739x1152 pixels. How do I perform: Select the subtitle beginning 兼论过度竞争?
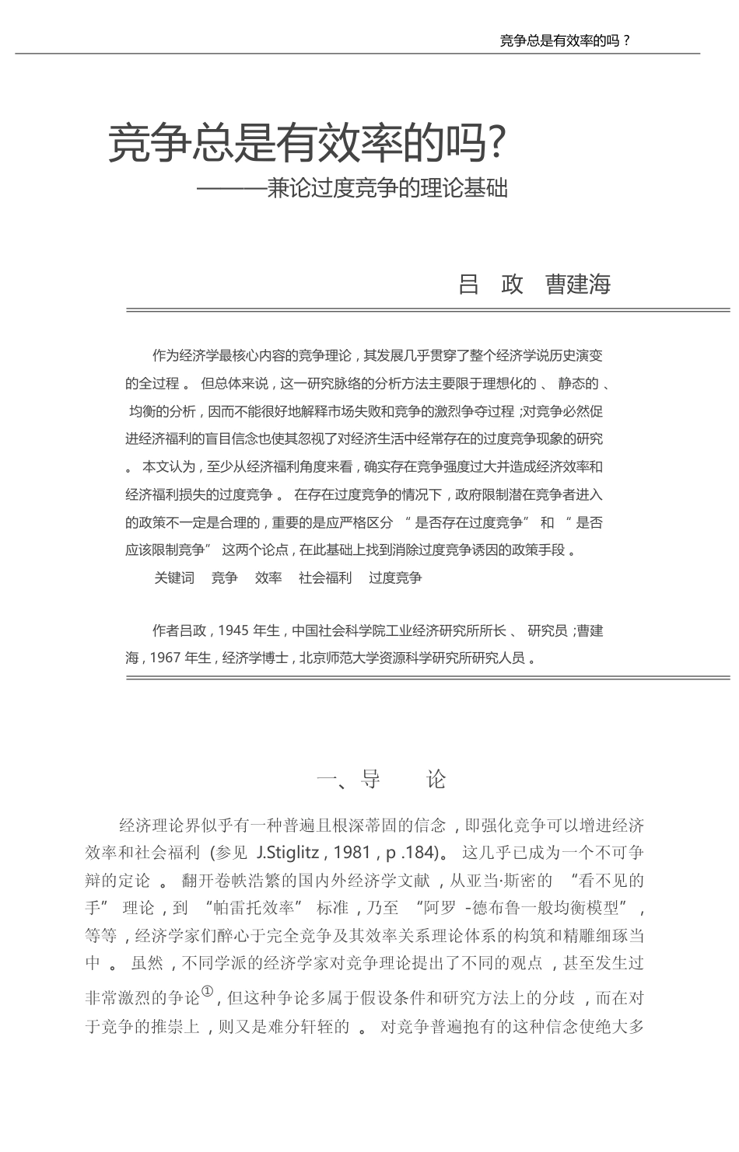(x=387, y=189)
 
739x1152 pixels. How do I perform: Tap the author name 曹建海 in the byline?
(x=578, y=285)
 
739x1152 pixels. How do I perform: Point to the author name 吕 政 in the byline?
(x=491, y=285)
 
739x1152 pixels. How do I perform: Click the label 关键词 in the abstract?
(x=173, y=578)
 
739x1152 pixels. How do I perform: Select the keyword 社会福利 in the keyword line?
(x=325, y=578)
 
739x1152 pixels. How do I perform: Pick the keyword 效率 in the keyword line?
(x=268, y=578)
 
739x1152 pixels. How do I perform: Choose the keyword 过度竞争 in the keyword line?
(x=395, y=578)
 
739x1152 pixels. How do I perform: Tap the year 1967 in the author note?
(x=166, y=658)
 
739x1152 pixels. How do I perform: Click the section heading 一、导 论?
(x=381, y=780)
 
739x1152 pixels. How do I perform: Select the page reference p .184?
(x=407, y=853)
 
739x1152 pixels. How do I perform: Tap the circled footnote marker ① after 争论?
(x=207, y=991)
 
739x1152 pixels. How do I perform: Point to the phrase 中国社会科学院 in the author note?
(x=338, y=631)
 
